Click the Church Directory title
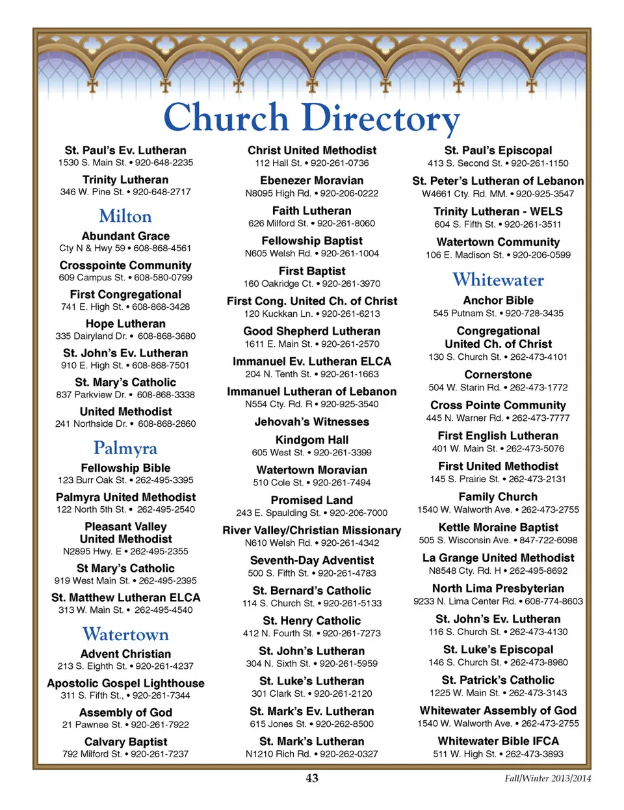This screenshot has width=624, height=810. (x=311, y=118)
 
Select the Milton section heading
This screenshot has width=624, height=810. (x=125, y=216)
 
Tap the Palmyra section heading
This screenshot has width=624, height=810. (x=125, y=448)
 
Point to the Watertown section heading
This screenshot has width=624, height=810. (x=125, y=634)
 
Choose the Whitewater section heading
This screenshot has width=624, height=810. (x=498, y=280)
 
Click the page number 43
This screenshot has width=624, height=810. (x=312, y=778)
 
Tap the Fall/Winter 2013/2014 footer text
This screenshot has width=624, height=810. (x=548, y=778)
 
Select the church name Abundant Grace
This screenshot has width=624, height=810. (x=125, y=236)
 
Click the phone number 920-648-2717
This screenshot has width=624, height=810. (x=162, y=192)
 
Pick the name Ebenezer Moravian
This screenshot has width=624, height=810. (x=312, y=181)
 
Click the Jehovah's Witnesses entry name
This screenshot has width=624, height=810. (x=312, y=422)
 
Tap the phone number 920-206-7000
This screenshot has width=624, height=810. (x=358, y=513)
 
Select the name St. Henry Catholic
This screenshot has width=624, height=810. (x=312, y=621)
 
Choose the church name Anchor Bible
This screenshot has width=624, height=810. (x=498, y=301)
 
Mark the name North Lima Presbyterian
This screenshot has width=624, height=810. (x=498, y=588)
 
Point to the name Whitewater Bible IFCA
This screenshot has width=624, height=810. (x=498, y=741)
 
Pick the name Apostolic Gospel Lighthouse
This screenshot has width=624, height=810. (x=125, y=683)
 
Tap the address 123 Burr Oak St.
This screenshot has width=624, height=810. (x=92, y=480)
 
